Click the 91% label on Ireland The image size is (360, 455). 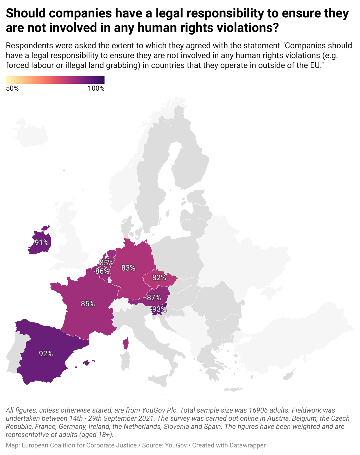(x=42, y=242)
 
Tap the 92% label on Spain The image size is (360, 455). (x=46, y=354)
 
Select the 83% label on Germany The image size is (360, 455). (x=128, y=268)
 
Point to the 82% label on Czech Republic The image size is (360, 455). (x=159, y=277)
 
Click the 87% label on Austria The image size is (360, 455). (x=154, y=298)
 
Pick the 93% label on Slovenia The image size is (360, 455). (x=159, y=309)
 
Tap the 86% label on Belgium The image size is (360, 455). (x=102, y=271)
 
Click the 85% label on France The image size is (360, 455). (x=88, y=304)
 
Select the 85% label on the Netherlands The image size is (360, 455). (x=107, y=263)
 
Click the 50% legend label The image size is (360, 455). (x=12, y=88)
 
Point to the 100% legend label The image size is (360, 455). (x=96, y=88)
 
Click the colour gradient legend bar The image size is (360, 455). (x=55, y=80)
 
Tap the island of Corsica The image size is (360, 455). (x=126, y=343)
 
